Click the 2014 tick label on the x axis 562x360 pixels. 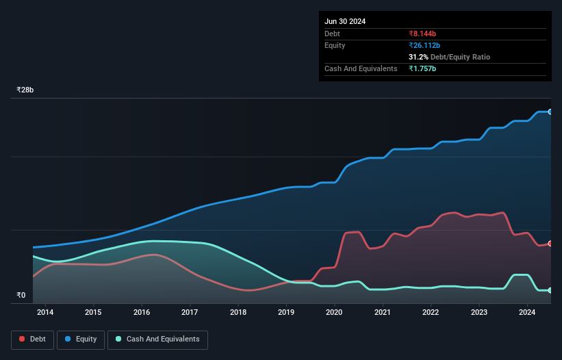click(x=45, y=313)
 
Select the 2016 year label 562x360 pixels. click(x=142, y=313)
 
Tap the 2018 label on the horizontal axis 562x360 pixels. click(x=238, y=313)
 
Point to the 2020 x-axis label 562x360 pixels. click(x=335, y=313)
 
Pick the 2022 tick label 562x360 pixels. click(x=431, y=313)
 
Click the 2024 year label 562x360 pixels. click(x=527, y=313)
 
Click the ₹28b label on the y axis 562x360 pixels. click(x=25, y=90)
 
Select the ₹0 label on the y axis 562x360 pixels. click(x=21, y=296)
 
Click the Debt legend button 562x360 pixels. click(x=32, y=339)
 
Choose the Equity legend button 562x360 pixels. click(x=81, y=339)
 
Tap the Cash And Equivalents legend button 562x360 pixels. click(x=157, y=339)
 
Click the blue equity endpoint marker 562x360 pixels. click(x=550, y=112)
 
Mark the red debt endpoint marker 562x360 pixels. click(x=550, y=244)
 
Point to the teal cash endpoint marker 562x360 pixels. click(x=550, y=290)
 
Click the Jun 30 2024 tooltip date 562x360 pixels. click(x=345, y=21)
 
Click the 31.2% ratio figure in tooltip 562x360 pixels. click(x=420, y=57)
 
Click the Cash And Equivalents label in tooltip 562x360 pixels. click(x=361, y=68)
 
